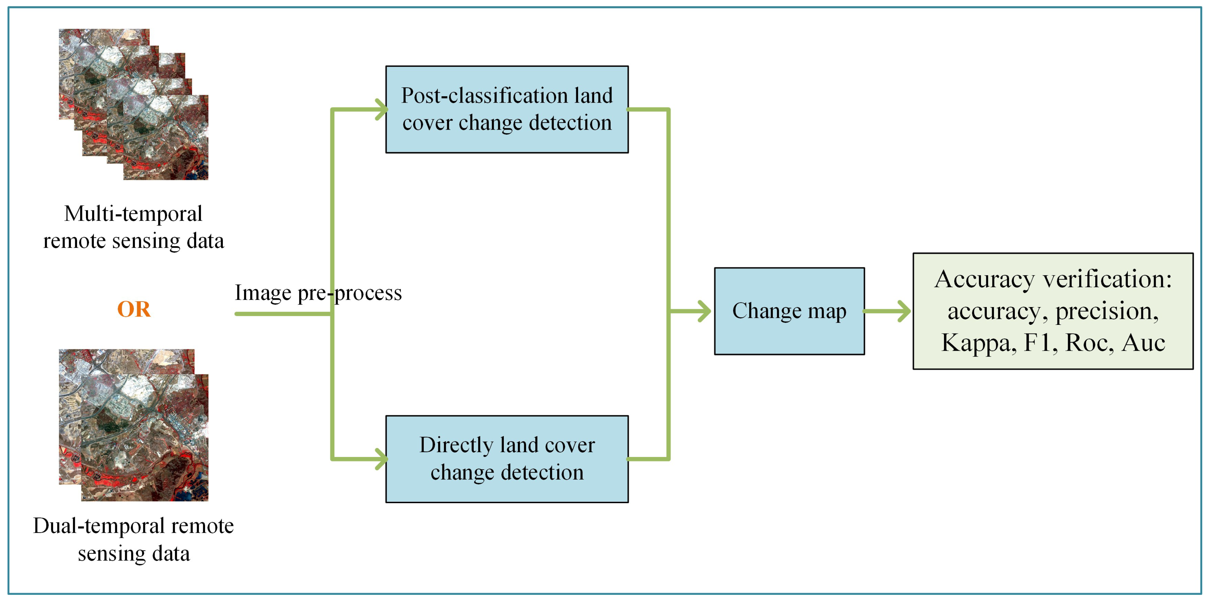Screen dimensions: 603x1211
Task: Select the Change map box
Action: pyautogui.click(x=789, y=311)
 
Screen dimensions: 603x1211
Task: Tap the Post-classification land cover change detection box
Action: pyautogui.click(x=507, y=110)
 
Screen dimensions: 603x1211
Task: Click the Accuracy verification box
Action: pyautogui.click(x=1053, y=311)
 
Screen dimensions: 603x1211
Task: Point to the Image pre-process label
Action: pyautogui.click(x=318, y=293)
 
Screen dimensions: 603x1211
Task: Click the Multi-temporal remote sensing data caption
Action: pyautogui.click(x=134, y=227)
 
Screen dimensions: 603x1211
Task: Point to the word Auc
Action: pyautogui.click(x=1143, y=343)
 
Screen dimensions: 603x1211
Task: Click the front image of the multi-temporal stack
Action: pyautogui.click(x=166, y=137)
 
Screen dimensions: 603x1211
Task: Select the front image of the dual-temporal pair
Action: pyautogui.click(x=144, y=437)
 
